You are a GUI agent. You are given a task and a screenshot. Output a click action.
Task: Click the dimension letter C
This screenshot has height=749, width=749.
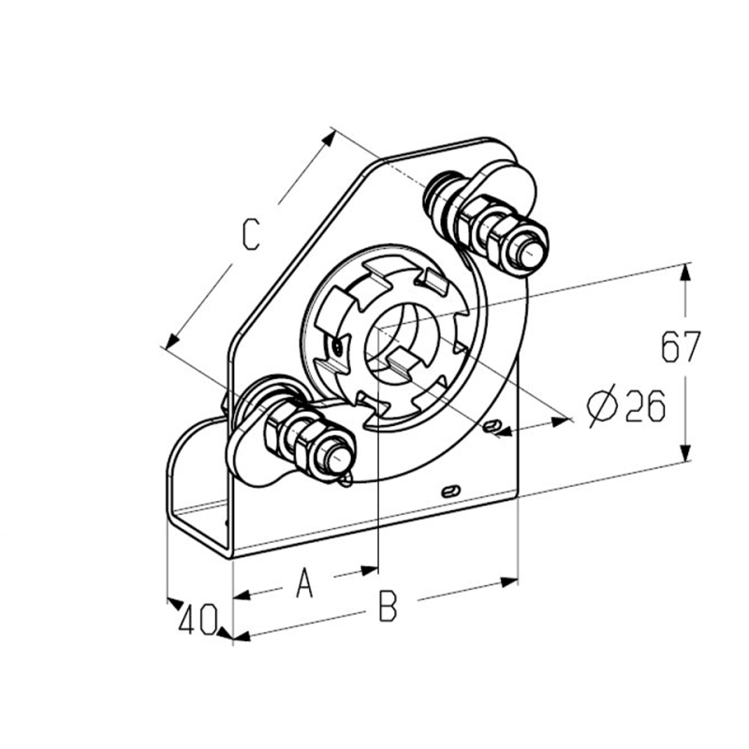(x=251, y=234)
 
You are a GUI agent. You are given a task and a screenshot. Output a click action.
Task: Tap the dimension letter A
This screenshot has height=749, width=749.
(x=304, y=581)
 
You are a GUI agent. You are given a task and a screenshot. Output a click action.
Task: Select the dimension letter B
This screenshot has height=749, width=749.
(x=388, y=606)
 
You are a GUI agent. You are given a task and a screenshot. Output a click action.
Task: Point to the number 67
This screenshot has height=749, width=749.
(x=681, y=346)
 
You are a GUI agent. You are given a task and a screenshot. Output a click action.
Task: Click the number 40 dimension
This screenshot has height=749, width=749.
(x=198, y=619)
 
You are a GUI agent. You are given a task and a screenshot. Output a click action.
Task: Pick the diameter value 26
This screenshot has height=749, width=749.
(x=645, y=405)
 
